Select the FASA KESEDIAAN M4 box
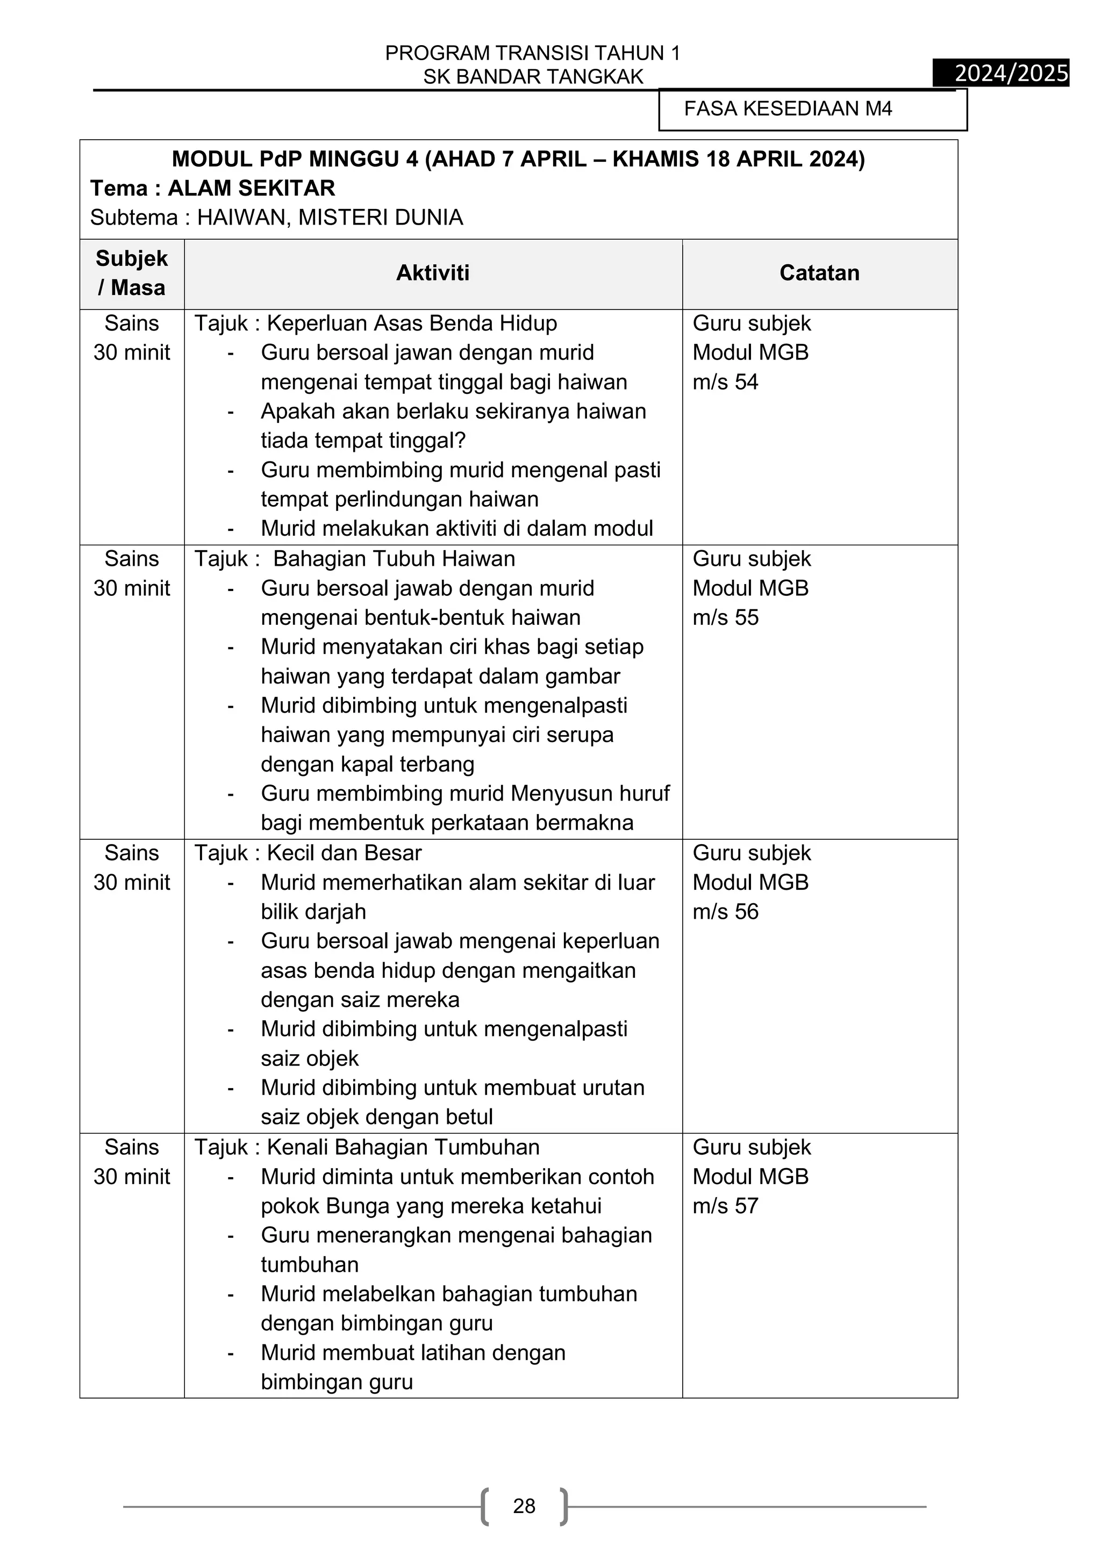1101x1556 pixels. pos(812,109)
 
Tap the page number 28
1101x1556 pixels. pos(524,1506)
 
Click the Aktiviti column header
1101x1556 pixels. pos(433,273)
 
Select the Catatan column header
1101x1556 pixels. pos(819,273)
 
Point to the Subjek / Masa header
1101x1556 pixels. pos(132,273)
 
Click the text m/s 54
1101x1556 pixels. pos(725,382)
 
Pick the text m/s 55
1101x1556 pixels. pos(725,617)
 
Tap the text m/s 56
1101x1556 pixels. pos(725,911)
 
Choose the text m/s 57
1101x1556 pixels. pos(725,1206)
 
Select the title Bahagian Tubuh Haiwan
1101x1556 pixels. pos(394,559)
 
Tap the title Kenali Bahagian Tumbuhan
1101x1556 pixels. pos(403,1147)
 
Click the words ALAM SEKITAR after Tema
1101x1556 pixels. pos(252,189)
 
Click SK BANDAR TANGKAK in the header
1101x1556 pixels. pos(533,77)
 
